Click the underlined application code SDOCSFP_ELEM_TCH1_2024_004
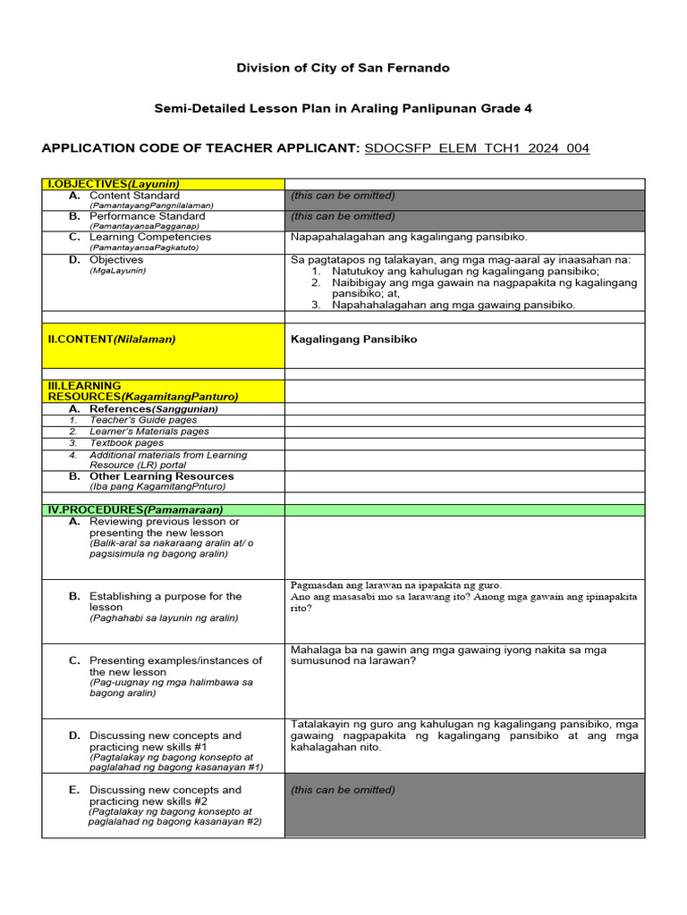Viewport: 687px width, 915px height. [x=477, y=148]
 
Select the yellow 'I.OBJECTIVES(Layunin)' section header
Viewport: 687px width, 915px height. [x=114, y=184]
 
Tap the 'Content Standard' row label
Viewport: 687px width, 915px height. [x=134, y=196]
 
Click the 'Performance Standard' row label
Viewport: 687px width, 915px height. [x=147, y=216]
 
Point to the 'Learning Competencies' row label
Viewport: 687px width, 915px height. [x=150, y=237]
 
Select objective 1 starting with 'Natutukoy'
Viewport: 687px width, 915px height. [x=465, y=271]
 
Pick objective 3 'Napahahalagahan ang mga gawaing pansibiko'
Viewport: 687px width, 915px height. [x=454, y=305]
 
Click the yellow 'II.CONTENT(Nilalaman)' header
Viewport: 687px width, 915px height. [x=112, y=340]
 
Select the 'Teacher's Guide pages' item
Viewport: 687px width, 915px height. [x=143, y=420]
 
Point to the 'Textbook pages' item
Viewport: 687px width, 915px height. [x=126, y=442]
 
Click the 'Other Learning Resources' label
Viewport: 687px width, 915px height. [x=161, y=476]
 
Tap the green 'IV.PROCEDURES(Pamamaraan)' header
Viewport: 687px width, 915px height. [x=135, y=509]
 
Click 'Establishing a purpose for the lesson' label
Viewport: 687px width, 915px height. [x=165, y=601]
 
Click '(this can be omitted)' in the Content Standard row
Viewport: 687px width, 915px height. [x=343, y=196]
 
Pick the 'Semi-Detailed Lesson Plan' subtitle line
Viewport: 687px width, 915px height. [x=343, y=108]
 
